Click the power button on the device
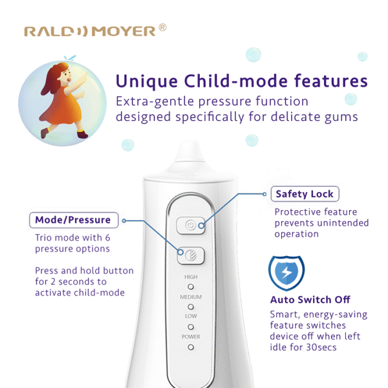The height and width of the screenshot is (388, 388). tap(191, 226)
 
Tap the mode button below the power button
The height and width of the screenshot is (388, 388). tap(191, 255)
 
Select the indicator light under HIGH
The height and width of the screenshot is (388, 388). tap(191, 286)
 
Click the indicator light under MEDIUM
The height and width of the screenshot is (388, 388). tap(191, 307)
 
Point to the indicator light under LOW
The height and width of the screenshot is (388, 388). tap(191, 327)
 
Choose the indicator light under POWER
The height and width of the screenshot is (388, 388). tap(191, 347)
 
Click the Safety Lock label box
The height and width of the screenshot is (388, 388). tap(305, 194)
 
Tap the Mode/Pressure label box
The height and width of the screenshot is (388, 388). tap(74, 220)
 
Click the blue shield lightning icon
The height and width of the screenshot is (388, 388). tap(286, 273)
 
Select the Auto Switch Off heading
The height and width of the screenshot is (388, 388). tap(310, 299)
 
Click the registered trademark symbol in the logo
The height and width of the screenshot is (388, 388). tap(162, 27)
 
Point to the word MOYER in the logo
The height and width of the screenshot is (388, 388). tap(124, 32)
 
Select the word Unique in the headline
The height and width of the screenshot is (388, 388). tap(147, 81)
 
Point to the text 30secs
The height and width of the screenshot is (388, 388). tap(321, 347)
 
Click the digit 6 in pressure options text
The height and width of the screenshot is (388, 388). tap(107, 237)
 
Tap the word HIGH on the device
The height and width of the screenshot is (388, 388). tap(191, 277)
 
